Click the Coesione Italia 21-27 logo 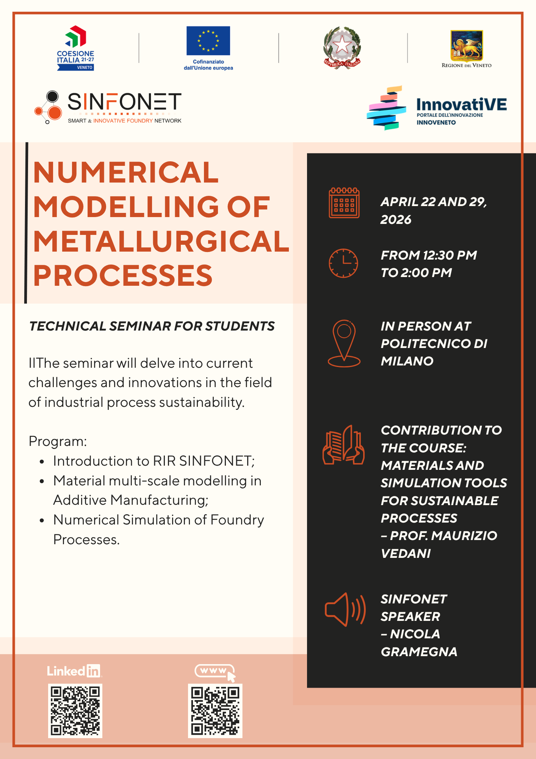pos(75,48)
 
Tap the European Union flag pos(208,41)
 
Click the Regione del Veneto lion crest pos(466,46)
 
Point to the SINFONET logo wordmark pos(124,102)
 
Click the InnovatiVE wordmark pos(461,104)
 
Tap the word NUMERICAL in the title pos(126,173)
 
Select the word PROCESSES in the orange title pos(123,276)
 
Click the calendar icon pos(344,203)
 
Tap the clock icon pos(343,263)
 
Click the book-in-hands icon pos(343,444)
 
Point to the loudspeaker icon pos(345,609)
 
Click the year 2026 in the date pos(396,220)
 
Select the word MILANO pos(407,361)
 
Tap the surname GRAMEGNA pos(419,652)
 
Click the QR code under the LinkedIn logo pos(75,711)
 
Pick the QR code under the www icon pos(215,711)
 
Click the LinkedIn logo pos(74,671)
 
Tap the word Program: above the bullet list pos(58,441)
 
